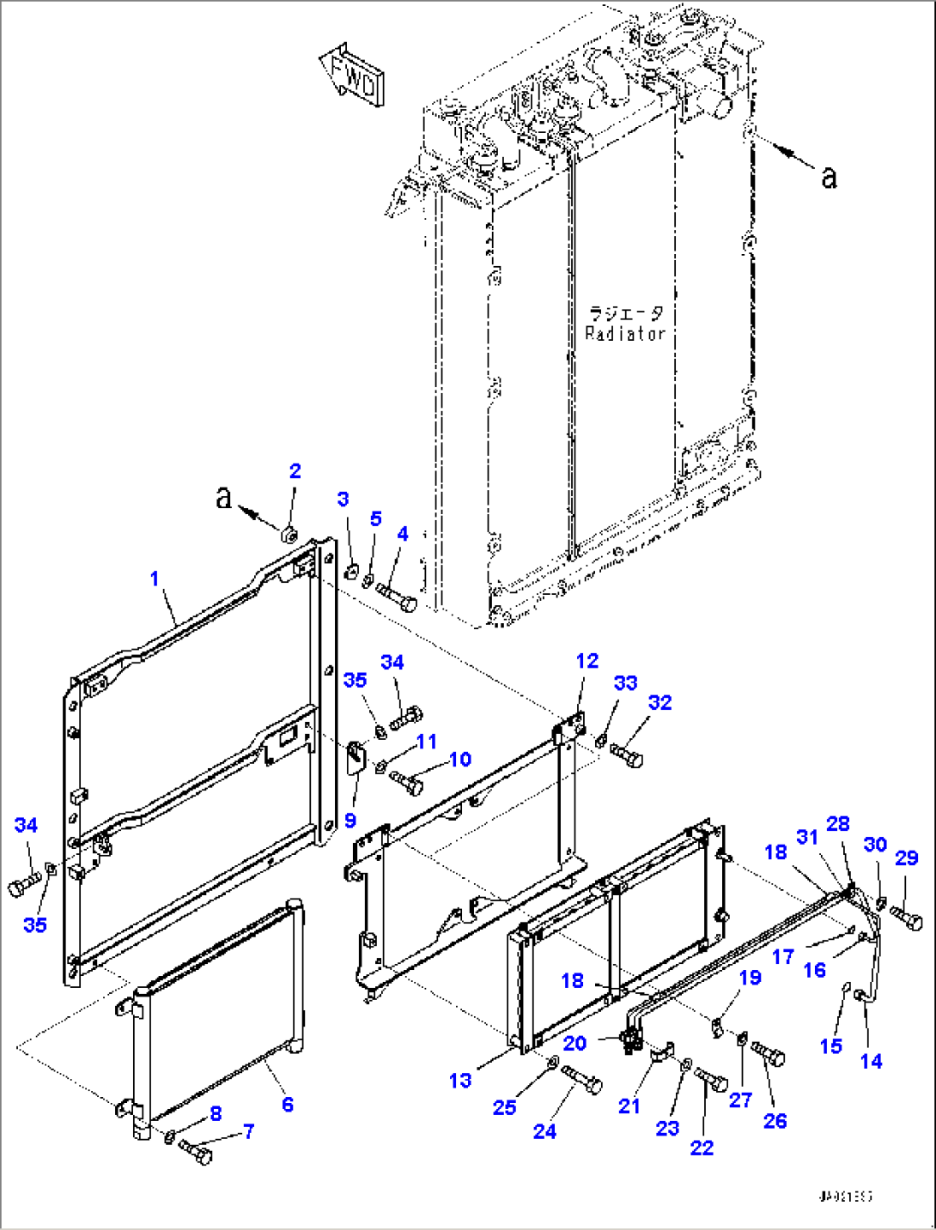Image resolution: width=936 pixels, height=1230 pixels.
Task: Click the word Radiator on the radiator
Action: point(624,334)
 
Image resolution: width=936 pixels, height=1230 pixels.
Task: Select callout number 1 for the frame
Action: point(155,579)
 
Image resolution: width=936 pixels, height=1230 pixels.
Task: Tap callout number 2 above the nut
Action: point(295,471)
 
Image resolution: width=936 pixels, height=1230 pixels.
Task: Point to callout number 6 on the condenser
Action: point(287,1104)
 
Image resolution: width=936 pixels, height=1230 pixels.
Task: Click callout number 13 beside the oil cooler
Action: point(460,1080)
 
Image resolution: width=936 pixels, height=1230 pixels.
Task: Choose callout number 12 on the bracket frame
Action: point(587,661)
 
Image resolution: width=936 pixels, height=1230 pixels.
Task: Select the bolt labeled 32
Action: point(627,755)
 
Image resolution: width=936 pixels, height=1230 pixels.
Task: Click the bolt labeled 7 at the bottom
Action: point(195,1153)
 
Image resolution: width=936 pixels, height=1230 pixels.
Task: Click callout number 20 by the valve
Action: point(574,1043)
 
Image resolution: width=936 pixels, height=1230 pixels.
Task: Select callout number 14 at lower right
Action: point(871,1061)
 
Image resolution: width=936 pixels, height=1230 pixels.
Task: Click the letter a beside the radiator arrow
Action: point(828,176)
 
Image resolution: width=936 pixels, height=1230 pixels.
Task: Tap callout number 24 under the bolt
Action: point(544,1131)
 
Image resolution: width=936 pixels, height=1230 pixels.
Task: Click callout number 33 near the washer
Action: point(625,682)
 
